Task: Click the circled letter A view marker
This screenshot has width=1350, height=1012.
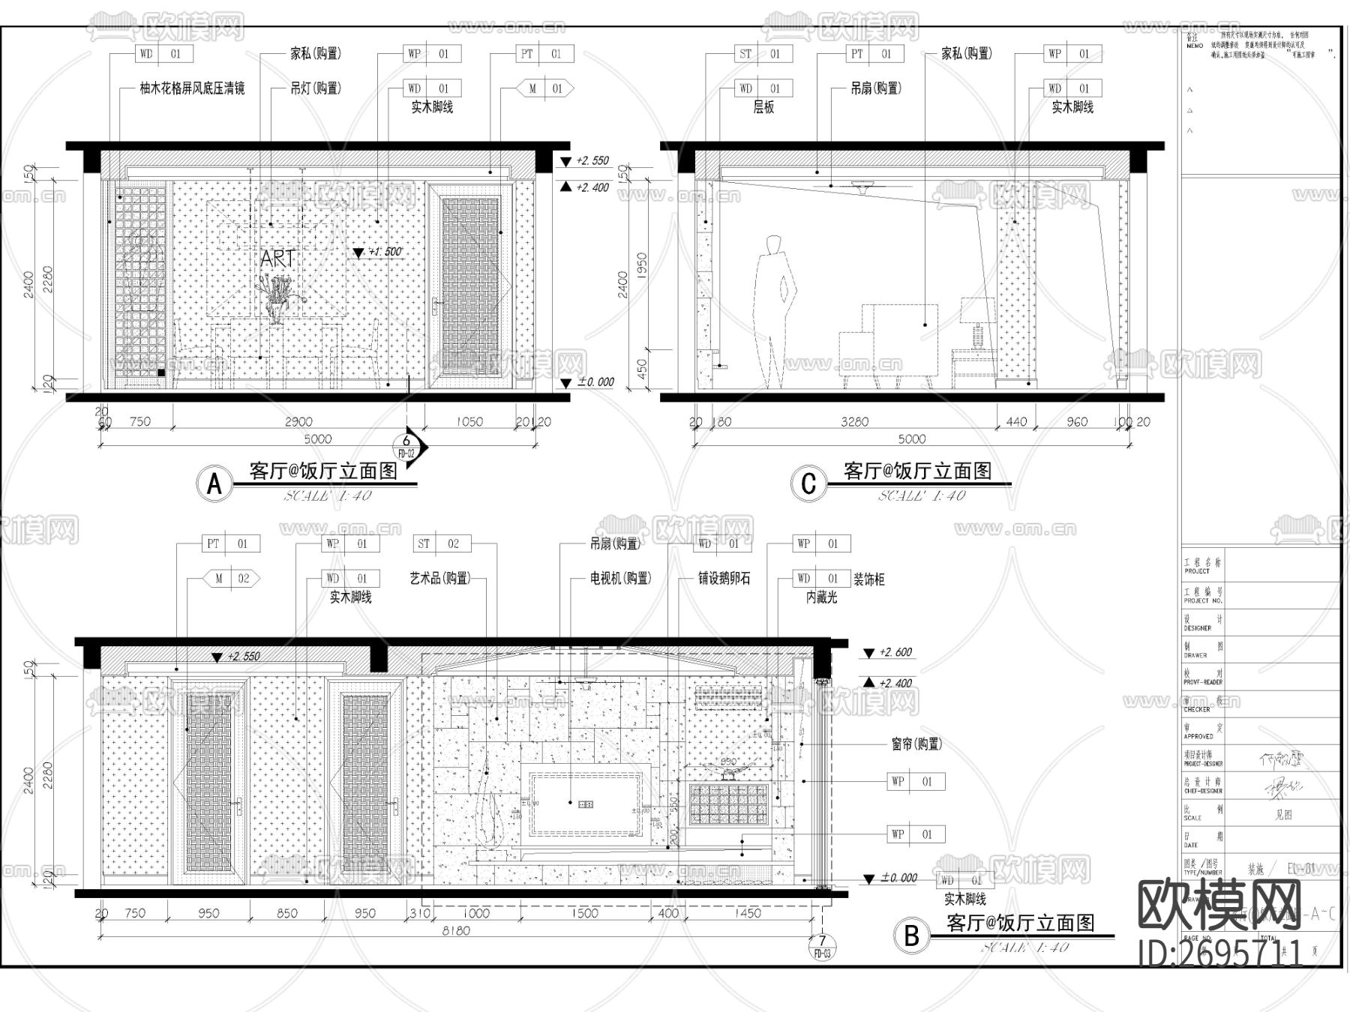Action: tap(214, 484)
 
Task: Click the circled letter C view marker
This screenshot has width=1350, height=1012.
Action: tap(808, 484)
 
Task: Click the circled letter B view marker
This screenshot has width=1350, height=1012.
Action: tap(911, 935)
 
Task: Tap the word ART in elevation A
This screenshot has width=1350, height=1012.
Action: tap(277, 259)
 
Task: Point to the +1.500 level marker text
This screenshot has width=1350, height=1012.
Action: tap(385, 252)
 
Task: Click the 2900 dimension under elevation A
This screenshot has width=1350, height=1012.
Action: tap(298, 422)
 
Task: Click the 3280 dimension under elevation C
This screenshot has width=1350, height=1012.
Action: tap(854, 422)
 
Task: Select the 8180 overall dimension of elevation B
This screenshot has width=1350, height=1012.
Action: tap(456, 931)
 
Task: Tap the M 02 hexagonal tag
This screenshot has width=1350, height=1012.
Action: tap(232, 579)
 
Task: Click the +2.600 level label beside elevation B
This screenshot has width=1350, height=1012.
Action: tap(895, 652)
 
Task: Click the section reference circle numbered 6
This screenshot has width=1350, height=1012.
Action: tap(406, 442)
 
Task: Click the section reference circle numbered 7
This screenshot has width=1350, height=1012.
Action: tap(822, 941)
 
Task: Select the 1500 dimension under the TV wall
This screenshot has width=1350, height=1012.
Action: tap(584, 913)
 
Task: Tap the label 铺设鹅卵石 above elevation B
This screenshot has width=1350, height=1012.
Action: tap(724, 579)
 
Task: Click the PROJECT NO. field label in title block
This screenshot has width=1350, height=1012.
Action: tap(1203, 597)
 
